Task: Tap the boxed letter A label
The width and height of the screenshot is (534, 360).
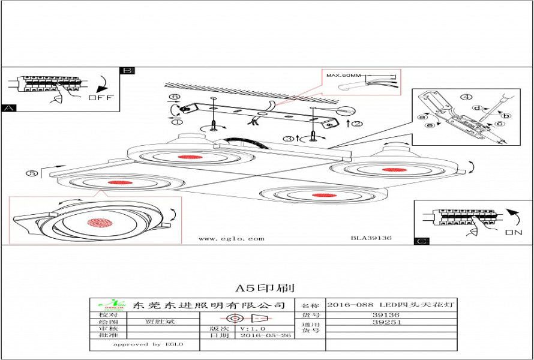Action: [8, 109]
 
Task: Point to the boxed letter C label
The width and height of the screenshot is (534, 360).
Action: [422, 241]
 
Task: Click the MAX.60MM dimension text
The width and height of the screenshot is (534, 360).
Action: [344, 76]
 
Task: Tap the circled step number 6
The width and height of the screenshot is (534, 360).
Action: [174, 97]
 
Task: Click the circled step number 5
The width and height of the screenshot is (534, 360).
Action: [33, 173]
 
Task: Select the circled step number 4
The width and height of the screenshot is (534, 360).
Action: [466, 97]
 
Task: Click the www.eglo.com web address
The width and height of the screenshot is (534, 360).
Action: [231, 238]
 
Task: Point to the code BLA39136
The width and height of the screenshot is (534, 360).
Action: [371, 238]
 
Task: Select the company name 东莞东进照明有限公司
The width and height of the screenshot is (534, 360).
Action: [209, 305]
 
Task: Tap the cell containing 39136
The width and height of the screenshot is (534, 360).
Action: [386, 314]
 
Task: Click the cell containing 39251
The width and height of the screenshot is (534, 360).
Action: [386, 322]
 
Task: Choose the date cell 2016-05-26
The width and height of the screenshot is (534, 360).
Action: [265, 336]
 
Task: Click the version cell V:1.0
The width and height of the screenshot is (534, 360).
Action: [252, 329]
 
